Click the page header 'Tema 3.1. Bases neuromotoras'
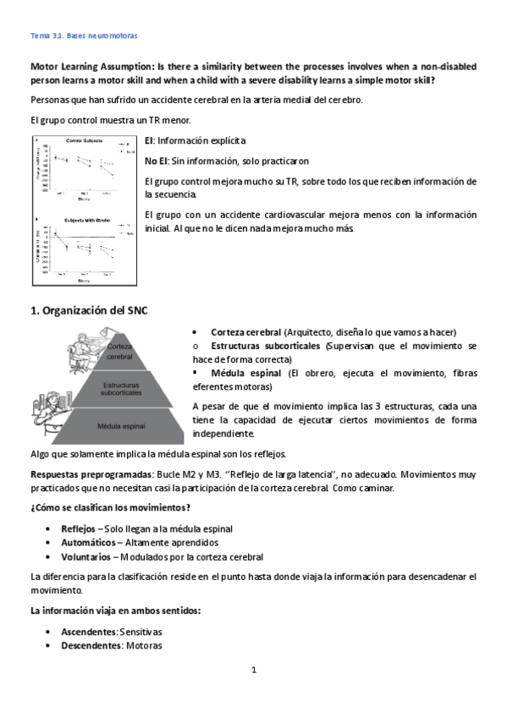[84, 37]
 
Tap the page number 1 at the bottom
[253, 670]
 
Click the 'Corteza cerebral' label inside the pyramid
[119, 351]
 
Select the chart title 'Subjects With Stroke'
[82, 217]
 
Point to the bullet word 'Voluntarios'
[85, 557]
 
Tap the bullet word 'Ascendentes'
[88, 632]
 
